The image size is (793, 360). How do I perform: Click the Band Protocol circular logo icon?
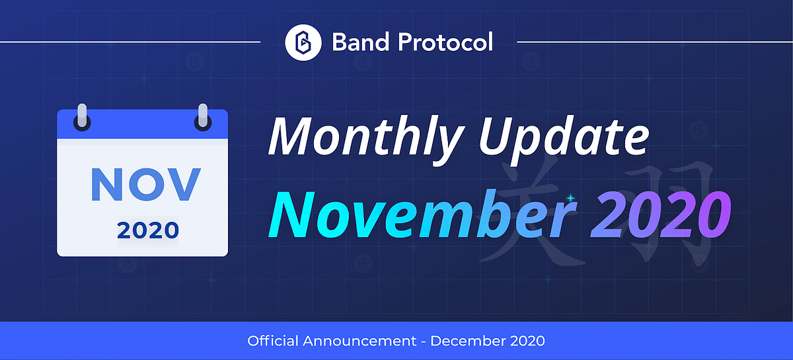(x=303, y=42)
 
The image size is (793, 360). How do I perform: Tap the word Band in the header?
(x=361, y=42)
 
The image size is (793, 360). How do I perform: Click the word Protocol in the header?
(x=445, y=42)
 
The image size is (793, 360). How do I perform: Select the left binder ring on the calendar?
(x=82, y=117)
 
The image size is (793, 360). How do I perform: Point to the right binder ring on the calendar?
(x=203, y=117)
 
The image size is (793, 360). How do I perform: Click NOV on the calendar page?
(x=146, y=184)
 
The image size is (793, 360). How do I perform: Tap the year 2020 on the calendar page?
(x=148, y=230)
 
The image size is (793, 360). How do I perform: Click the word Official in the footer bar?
(x=273, y=341)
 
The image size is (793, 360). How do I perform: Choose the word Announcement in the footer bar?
(x=359, y=342)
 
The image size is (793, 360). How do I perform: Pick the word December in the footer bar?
(x=468, y=341)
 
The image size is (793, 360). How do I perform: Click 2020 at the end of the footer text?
(x=527, y=341)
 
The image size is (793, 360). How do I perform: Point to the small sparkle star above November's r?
(x=571, y=198)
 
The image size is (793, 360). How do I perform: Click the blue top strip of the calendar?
(x=142, y=124)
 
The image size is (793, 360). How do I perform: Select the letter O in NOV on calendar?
(x=146, y=184)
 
